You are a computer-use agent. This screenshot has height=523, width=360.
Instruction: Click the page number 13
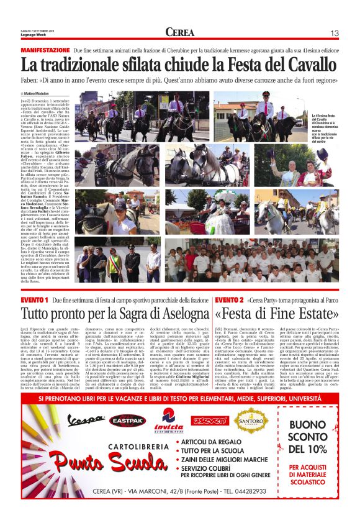(334, 32)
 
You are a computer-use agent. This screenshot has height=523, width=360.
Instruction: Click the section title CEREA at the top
(179, 32)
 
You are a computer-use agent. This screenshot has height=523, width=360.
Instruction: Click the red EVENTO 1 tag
(35, 300)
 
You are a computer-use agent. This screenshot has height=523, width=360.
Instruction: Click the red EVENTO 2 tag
(229, 300)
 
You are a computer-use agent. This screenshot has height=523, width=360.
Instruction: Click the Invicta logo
(169, 420)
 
